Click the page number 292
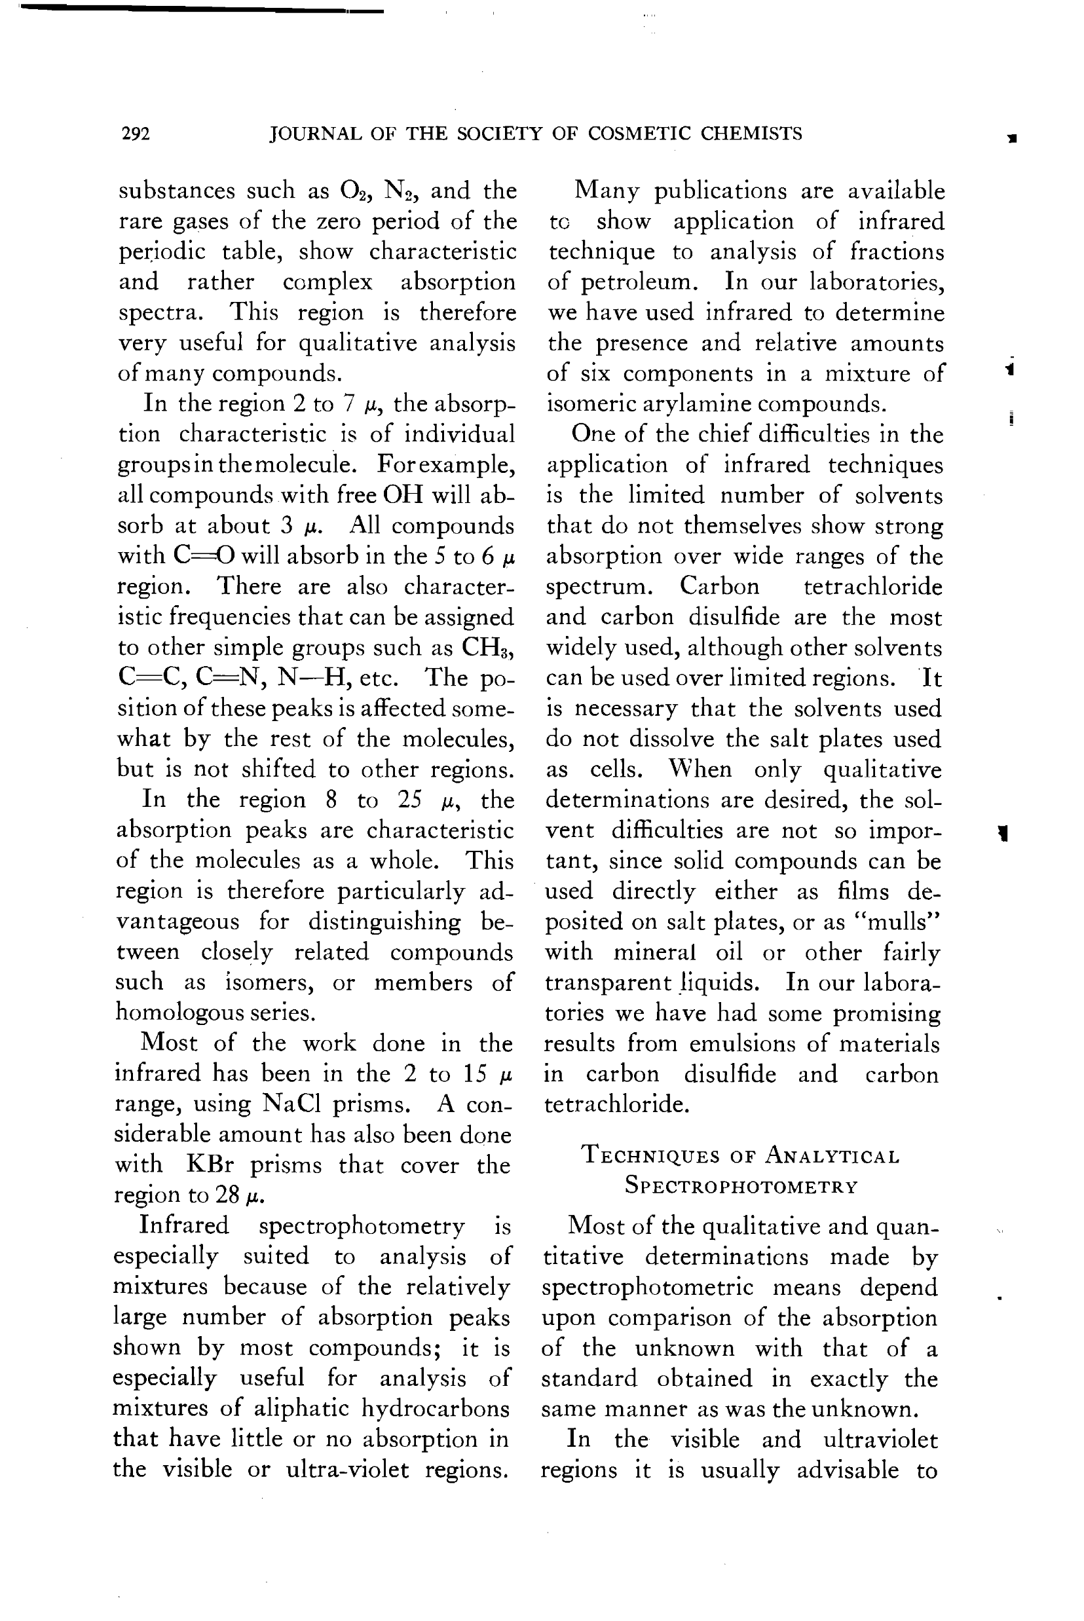tap(136, 134)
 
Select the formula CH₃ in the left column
tap(489, 648)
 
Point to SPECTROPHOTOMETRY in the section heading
tap(740, 1186)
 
